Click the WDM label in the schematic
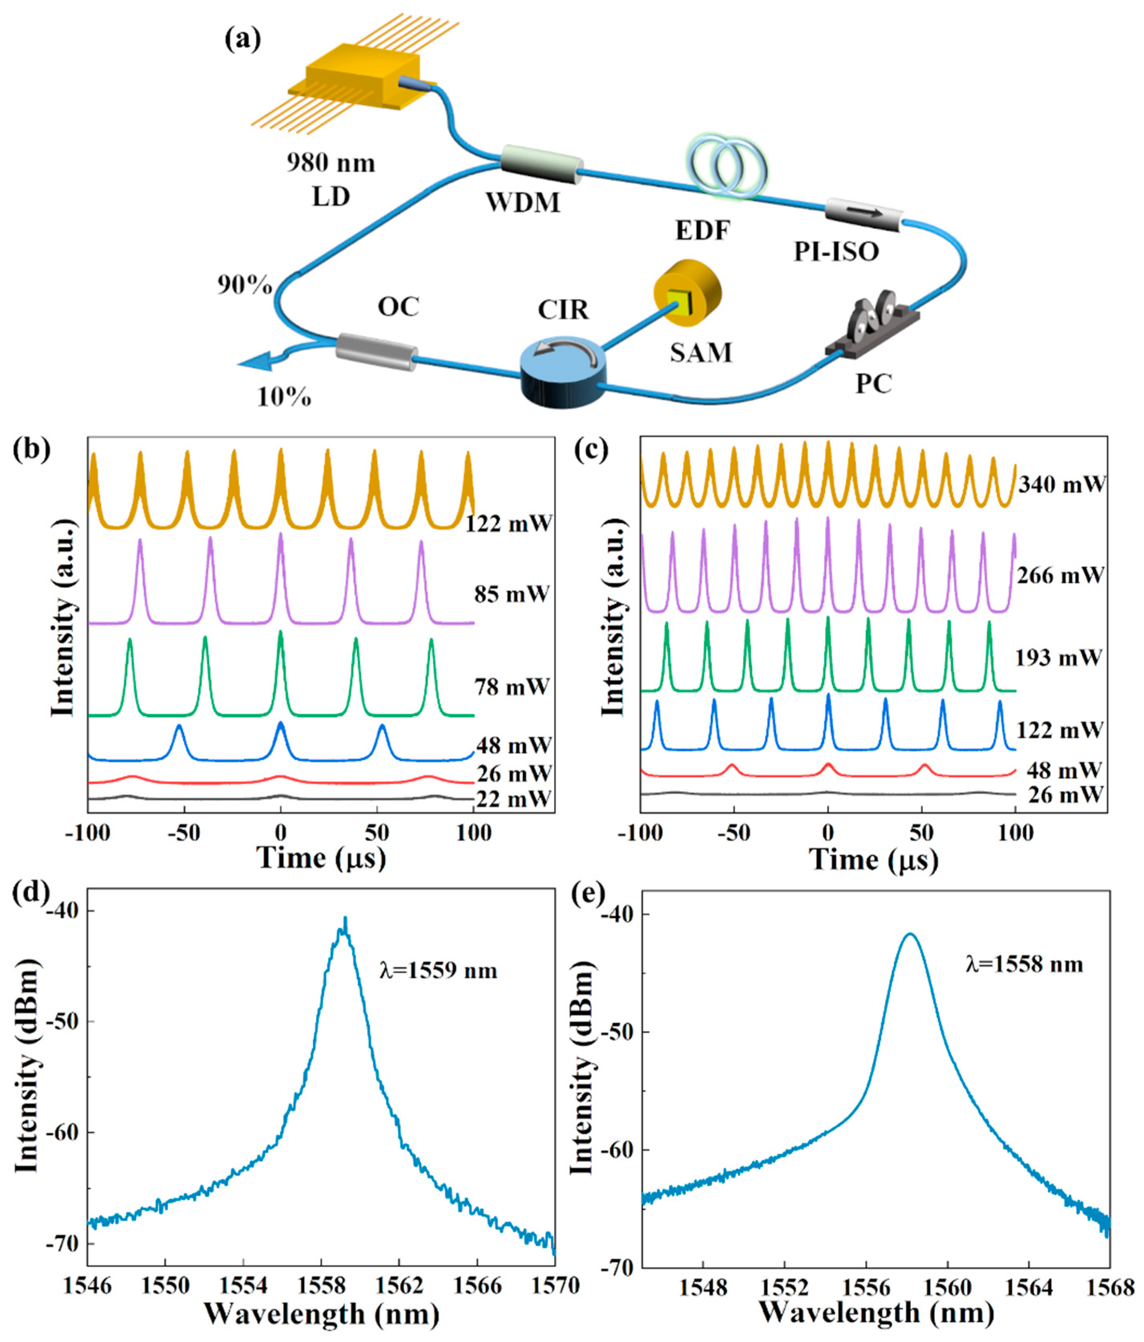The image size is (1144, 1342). [x=523, y=203]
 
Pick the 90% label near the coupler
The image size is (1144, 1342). [x=244, y=285]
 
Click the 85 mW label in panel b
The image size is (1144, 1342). [x=512, y=594]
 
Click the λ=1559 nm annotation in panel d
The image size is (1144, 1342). [x=438, y=971]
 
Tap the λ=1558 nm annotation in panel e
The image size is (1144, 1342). [x=1024, y=965]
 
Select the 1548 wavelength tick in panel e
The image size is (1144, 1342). [x=704, y=1288]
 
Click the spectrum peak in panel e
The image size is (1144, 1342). [x=910, y=934]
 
